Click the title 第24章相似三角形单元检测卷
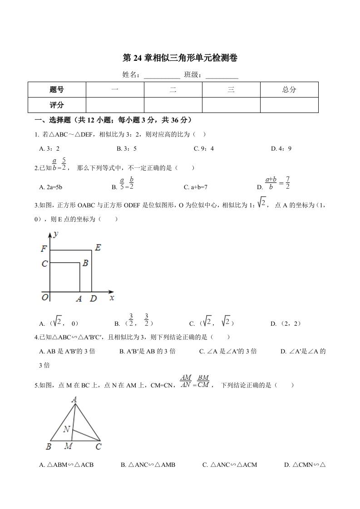point(180,58)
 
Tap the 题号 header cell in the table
point(57,89)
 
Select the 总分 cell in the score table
point(289,89)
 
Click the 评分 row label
point(57,105)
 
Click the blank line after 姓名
point(162,75)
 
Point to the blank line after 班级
point(222,75)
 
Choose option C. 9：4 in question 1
point(204,148)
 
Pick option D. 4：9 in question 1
point(281,148)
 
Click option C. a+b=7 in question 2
point(196,186)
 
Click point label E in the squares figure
point(98,248)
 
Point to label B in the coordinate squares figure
point(85,263)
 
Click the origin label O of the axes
point(45,298)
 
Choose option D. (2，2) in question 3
point(286,323)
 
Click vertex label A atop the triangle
point(74,400)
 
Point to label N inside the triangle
point(67,429)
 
